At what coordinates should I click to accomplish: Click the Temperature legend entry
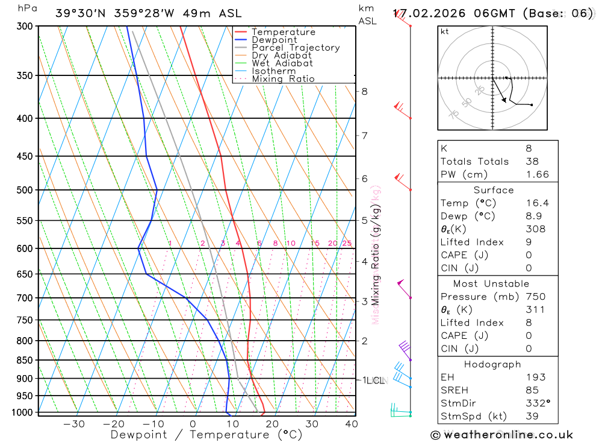(283, 32)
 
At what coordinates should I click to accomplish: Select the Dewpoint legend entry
(275, 40)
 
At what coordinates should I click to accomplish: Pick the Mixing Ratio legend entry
(283, 79)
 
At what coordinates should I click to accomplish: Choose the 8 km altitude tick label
(364, 92)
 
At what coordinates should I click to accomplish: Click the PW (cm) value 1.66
(537, 174)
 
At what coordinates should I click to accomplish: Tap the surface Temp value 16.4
(537, 203)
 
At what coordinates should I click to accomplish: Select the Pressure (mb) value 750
(535, 297)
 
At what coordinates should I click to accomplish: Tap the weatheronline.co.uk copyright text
(502, 435)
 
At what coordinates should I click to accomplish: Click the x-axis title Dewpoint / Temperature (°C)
(206, 434)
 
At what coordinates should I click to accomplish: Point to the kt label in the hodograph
(445, 31)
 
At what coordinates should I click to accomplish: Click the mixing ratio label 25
(347, 243)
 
